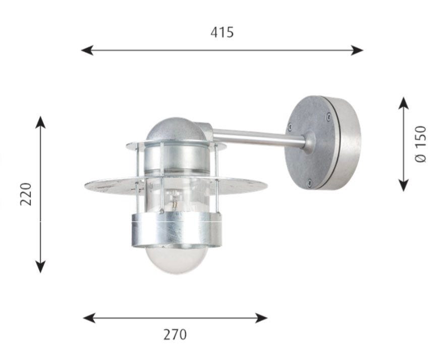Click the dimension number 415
point(222,32)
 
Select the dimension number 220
point(26,194)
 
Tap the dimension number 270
point(175,335)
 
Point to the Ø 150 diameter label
point(420,144)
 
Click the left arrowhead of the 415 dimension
point(87,50)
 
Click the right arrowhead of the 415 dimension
point(357,50)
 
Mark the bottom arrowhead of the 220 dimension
point(41,267)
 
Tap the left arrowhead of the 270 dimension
point(89,318)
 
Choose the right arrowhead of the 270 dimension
point(261,318)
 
